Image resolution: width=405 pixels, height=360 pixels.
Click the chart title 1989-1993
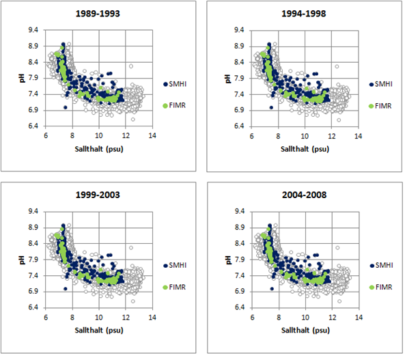[x=98, y=14]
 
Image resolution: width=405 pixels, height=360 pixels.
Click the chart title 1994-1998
[x=304, y=14]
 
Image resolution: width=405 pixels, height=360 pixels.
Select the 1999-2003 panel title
[x=98, y=195]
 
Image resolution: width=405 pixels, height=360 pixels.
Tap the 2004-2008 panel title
[x=305, y=195]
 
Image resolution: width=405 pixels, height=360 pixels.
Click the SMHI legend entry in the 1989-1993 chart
[x=175, y=84]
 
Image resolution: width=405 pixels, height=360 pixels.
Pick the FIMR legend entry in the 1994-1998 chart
[x=380, y=106]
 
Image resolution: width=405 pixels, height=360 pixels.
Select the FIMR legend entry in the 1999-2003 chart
[x=174, y=287]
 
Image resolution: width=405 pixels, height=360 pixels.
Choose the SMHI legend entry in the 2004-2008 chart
[x=382, y=265]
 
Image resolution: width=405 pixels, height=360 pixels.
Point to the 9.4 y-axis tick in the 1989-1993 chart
[x=33, y=30]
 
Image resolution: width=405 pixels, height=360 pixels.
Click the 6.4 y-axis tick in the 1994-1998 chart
[x=239, y=126]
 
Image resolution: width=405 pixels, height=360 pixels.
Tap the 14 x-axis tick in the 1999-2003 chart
[x=152, y=318]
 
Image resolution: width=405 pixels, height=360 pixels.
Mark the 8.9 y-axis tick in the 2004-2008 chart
[x=240, y=227]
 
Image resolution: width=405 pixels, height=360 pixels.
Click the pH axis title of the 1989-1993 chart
[x=22, y=78]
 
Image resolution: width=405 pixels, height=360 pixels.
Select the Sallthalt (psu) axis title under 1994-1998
[x=305, y=149]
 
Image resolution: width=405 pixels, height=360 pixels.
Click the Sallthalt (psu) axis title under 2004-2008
[x=305, y=330]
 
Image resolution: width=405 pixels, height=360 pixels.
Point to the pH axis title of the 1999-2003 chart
[x=22, y=260]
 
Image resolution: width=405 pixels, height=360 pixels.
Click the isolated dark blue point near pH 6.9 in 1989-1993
[x=66, y=107]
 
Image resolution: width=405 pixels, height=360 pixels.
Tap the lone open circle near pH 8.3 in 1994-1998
[x=337, y=67]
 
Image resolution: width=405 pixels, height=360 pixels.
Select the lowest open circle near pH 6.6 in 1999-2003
[x=133, y=301]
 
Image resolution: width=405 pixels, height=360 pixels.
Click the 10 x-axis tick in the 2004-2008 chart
[x=305, y=318]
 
